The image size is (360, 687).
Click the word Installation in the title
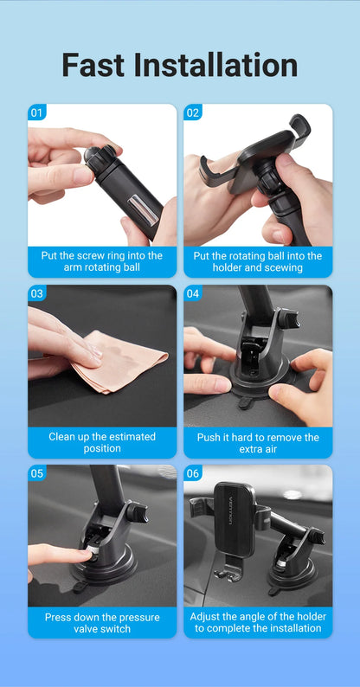(222, 65)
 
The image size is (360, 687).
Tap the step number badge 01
(36, 112)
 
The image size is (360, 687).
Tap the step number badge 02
(193, 112)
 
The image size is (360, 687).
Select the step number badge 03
(36, 293)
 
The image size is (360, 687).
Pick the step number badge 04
(193, 293)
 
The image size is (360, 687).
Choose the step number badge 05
(36, 473)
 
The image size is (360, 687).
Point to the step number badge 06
(193, 473)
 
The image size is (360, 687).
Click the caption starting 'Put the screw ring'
(101, 261)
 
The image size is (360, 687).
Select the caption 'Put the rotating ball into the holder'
(258, 261)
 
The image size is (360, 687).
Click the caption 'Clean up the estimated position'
(101, 442)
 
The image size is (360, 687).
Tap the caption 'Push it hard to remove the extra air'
(258, 443)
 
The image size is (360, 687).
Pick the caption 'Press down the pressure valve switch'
(101, 622)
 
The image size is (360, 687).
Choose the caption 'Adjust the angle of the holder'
(258, 622)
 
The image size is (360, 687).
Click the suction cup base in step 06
(291, 575)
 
